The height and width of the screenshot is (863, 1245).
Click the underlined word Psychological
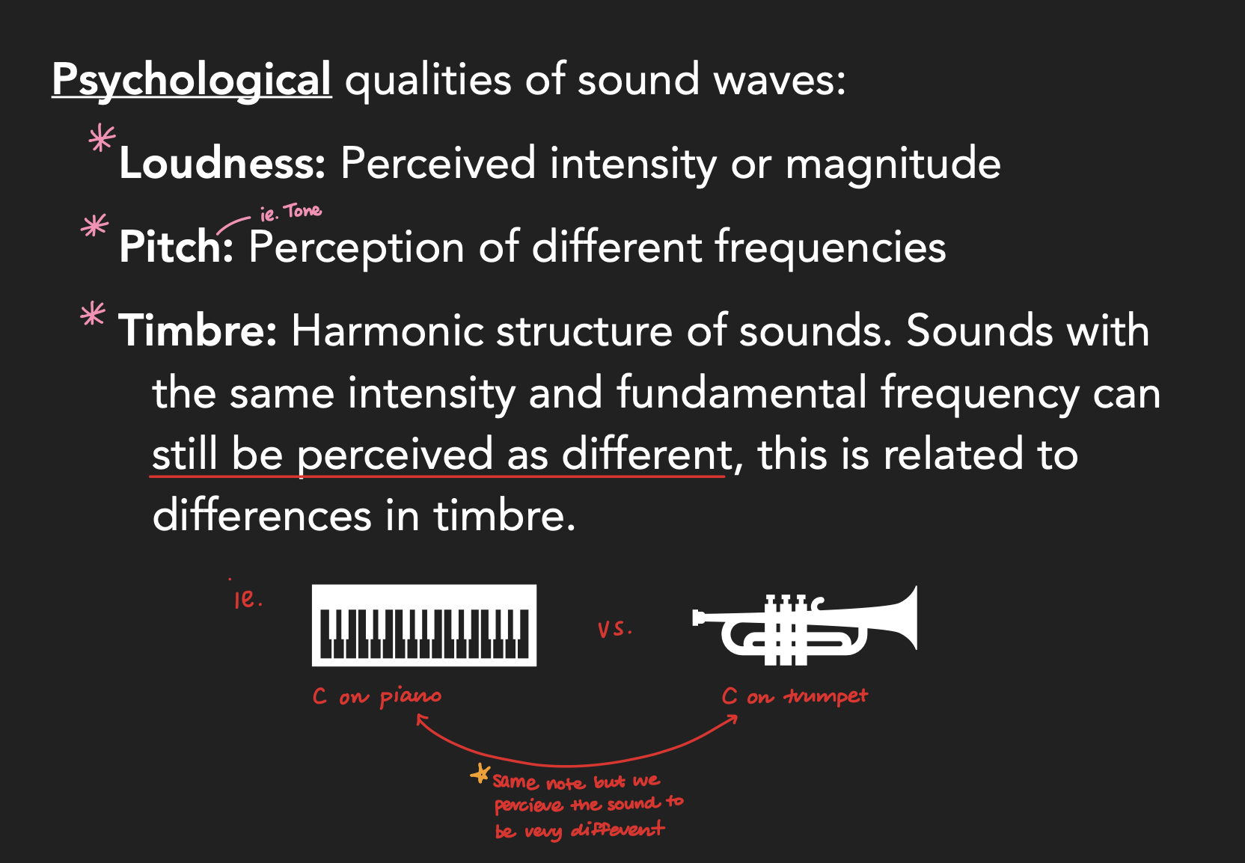click(192, 79)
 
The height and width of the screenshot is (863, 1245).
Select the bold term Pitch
click(176, 247)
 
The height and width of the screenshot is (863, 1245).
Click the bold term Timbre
click(198, 331)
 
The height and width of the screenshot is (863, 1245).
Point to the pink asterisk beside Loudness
click(102, 139)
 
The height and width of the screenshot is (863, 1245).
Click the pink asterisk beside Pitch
click(94, 225)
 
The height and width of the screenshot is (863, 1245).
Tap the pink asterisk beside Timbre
click(93, 314)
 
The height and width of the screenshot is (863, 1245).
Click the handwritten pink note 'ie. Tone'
click(290, 212)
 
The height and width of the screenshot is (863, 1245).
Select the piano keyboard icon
click(424, 625)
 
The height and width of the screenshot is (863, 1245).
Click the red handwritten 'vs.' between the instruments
click(614, 629)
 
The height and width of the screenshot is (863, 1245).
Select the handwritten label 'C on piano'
click(376, 697)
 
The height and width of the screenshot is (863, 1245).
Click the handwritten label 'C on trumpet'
click(794, 697)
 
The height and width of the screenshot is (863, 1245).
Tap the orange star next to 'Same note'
click(480, 774)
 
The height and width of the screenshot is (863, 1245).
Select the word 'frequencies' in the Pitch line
click(830, 247)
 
